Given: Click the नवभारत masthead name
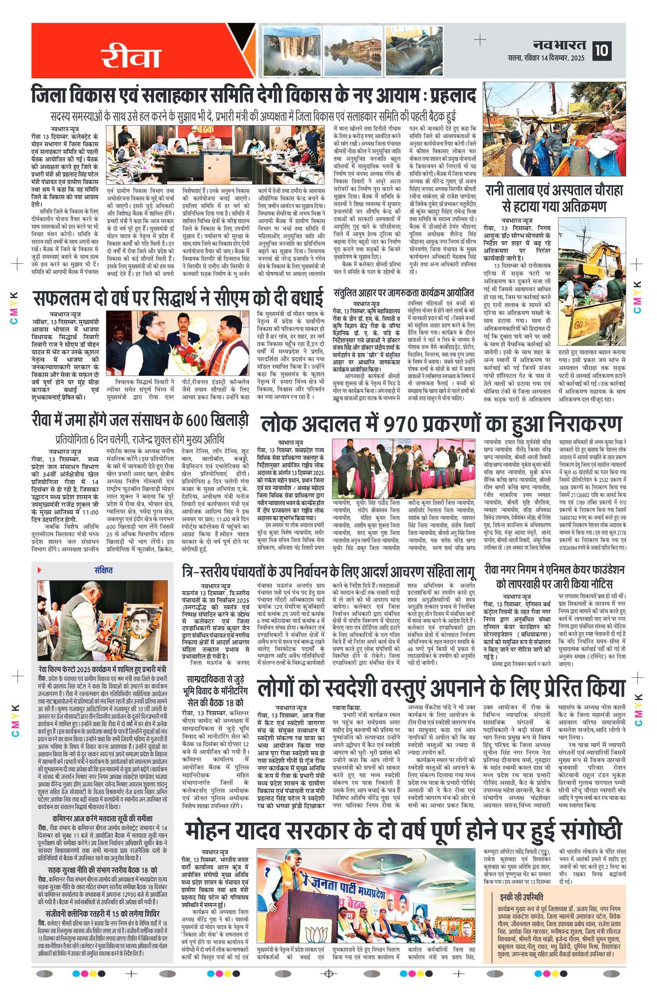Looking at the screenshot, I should (x=559, y=45).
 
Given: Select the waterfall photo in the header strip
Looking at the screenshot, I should (x=290, y=49).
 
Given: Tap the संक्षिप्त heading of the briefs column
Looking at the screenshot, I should (x=103, y=570).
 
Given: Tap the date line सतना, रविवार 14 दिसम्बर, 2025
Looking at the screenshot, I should (x=547, y=58).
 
